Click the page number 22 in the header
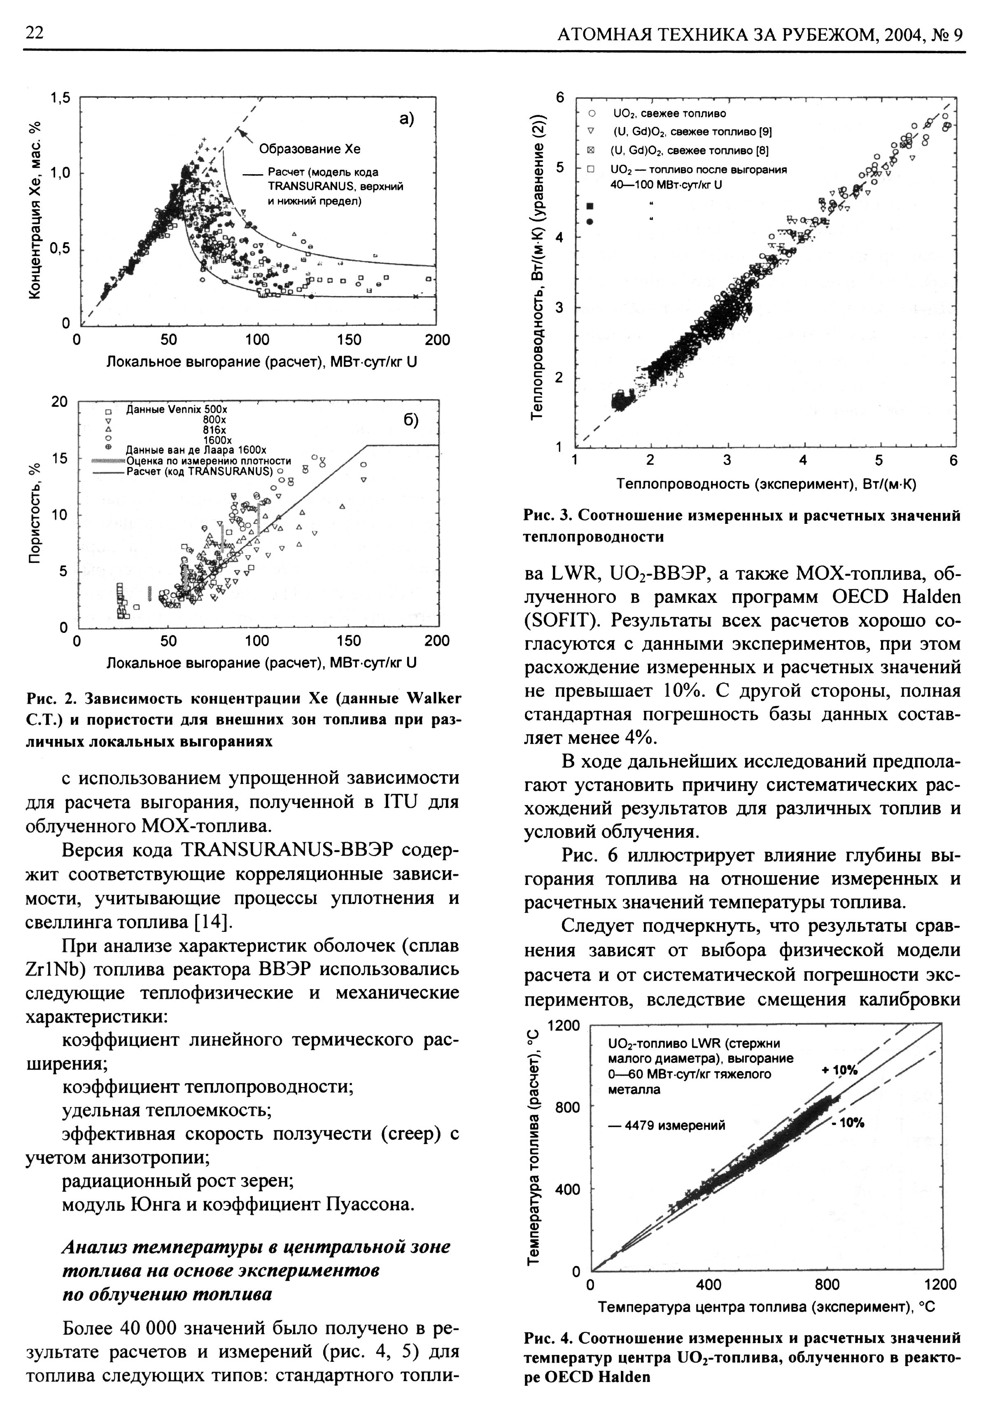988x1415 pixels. (35, 34)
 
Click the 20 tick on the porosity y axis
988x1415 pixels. (59, 401)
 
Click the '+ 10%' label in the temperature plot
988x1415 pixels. (839, 1070)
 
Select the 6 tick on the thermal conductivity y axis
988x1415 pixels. (560, 98)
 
